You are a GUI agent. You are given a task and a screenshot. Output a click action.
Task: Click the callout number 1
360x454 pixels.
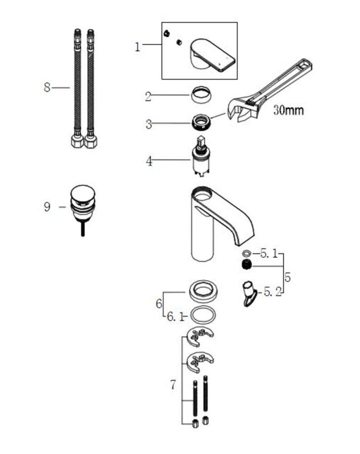pos(138,47)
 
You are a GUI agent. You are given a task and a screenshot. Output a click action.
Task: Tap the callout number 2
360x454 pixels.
pos(148,96)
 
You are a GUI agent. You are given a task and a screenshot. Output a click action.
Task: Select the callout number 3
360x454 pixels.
pos(149,124)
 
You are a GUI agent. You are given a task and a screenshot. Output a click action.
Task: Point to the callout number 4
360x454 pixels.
pos(149,161)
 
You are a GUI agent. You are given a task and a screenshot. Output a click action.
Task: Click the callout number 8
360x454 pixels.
pos(47,87)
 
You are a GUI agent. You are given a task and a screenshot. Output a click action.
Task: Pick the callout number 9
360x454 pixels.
pos(47,207)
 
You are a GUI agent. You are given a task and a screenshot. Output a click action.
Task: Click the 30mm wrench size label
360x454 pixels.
pos(289,110)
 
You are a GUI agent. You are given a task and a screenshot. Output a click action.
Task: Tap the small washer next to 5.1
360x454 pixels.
pos(247,253)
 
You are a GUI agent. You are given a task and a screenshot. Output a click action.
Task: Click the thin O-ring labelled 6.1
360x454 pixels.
pos(202,315)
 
